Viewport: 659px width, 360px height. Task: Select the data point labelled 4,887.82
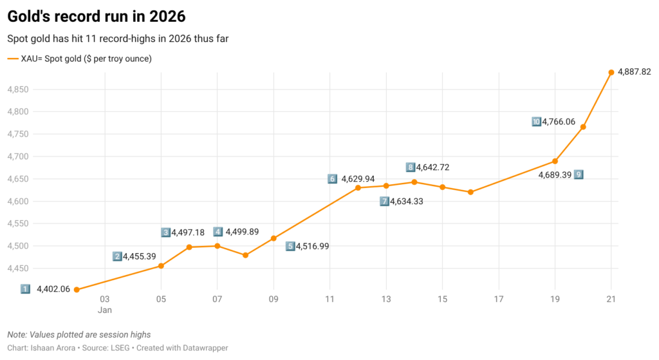point(611,72)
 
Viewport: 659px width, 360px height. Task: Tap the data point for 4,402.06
point(77,290)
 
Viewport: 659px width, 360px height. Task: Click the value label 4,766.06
point(559,121)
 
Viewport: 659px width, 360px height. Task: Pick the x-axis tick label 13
point(386,299)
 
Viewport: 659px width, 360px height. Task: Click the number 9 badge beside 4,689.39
point(579,175)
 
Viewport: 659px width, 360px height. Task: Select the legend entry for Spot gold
point(80,59)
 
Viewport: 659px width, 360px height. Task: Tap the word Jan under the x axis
point(105,310)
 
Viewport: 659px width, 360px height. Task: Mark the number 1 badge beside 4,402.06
point(25,289)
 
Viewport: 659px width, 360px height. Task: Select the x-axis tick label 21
point(611,299)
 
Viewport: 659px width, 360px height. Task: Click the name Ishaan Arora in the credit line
point(58,348)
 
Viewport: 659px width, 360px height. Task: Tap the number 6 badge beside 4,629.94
point(332,179)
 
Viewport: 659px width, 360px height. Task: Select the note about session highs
point(79,335)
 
